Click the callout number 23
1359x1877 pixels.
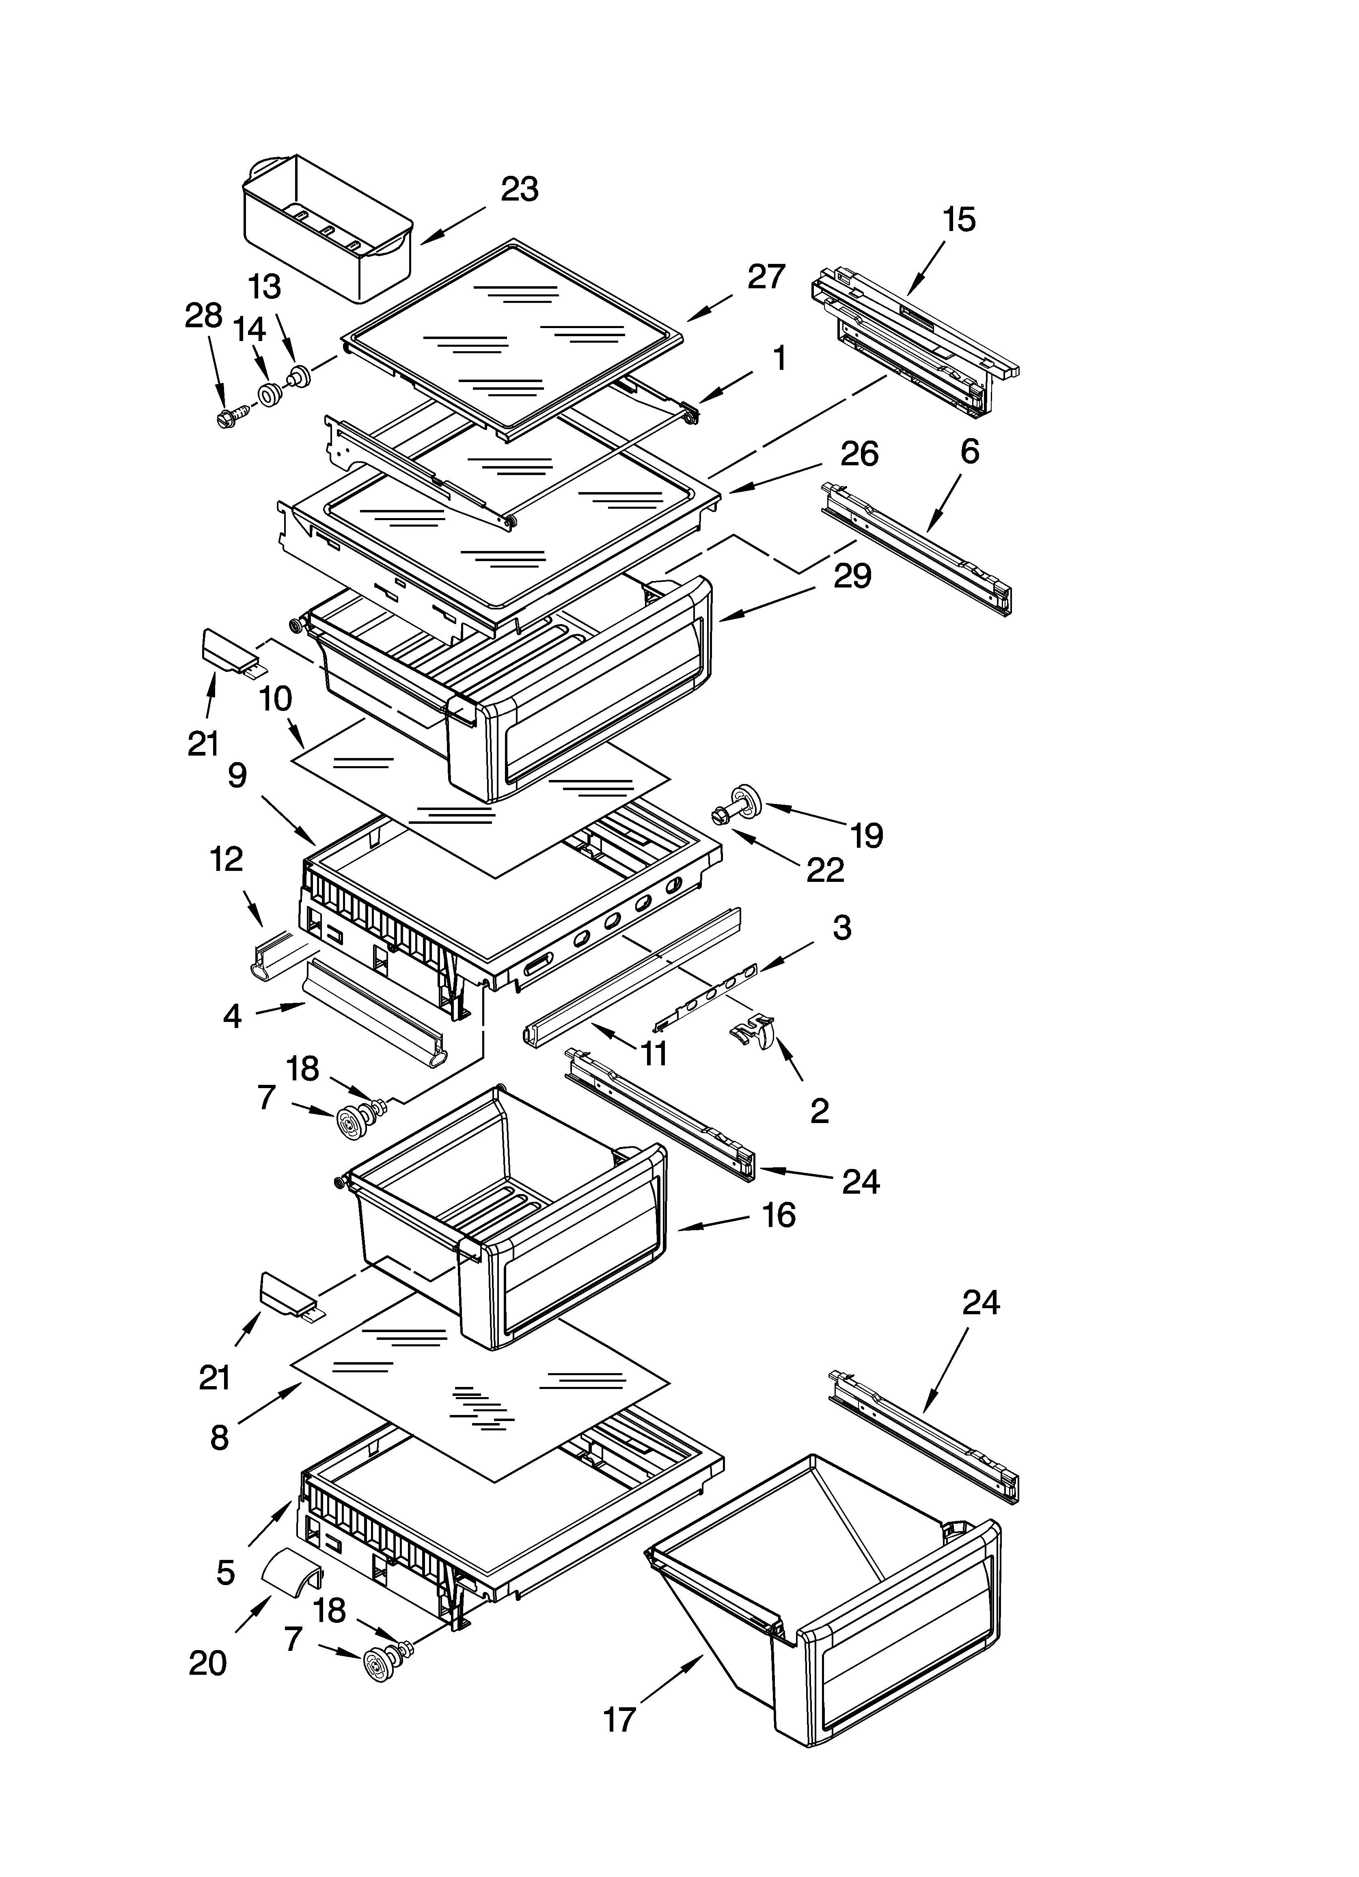[520, 190]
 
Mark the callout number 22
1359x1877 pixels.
[825, 870]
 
